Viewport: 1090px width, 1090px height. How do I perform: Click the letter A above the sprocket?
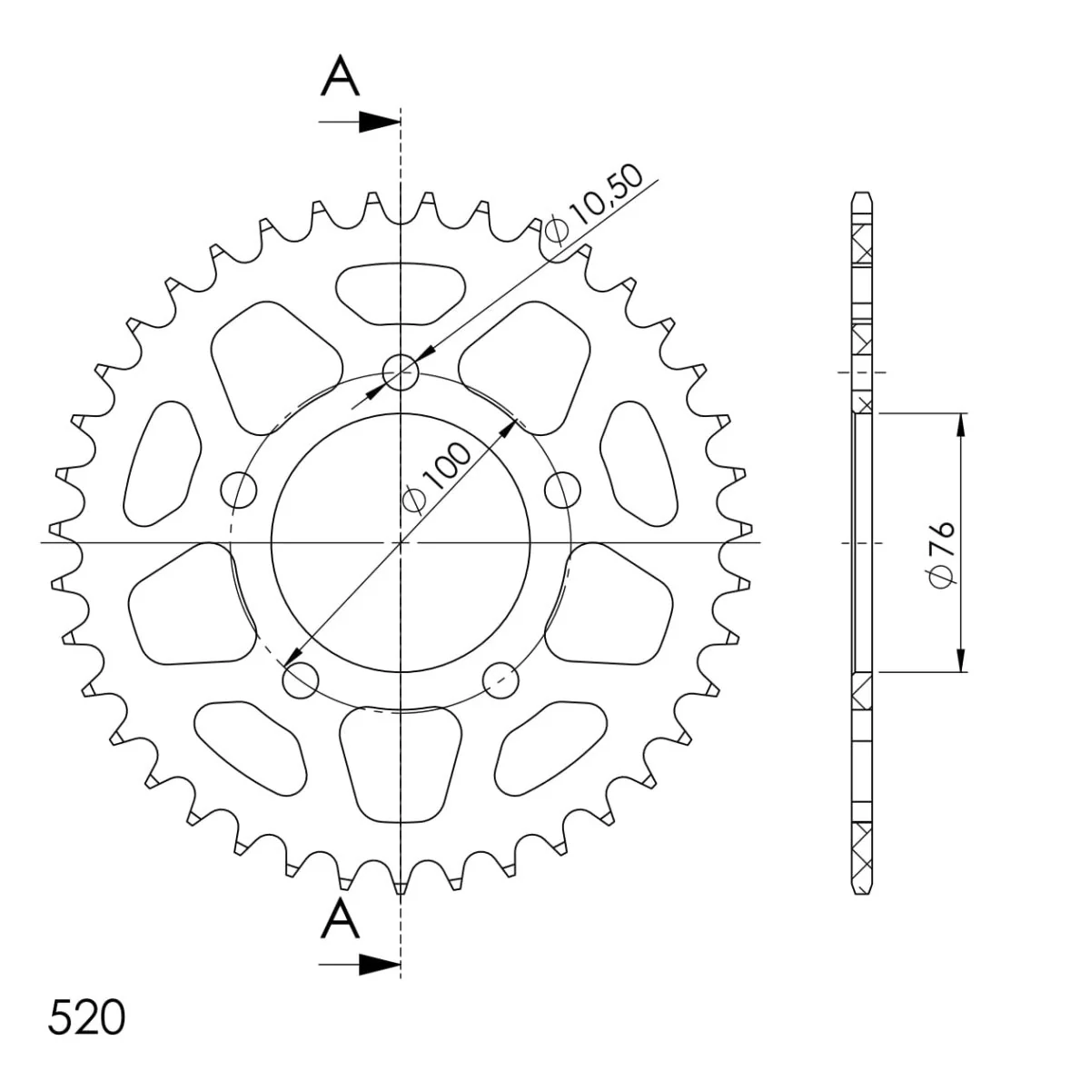coord(340,75)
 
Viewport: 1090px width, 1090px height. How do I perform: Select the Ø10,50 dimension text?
coord(594,204)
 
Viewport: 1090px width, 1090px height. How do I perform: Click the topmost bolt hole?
coord(401,372)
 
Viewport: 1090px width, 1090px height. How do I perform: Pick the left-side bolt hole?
coord(239,490)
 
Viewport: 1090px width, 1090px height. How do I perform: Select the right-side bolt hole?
coord(563,490)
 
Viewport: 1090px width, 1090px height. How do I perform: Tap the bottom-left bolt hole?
coord(301,680)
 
